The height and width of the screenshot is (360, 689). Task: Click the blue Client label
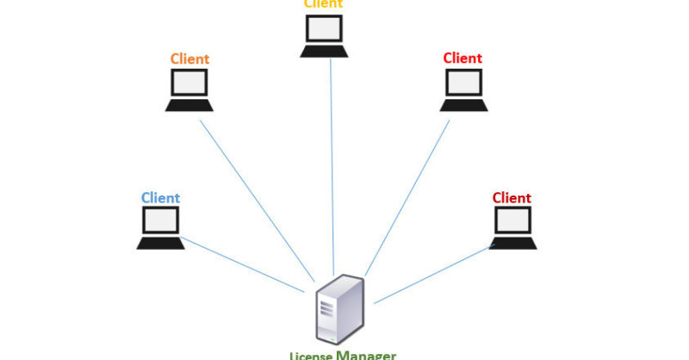pyautogui.click(x=160, y=198)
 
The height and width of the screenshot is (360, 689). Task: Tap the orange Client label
pyautogui.click(x=189, y=59)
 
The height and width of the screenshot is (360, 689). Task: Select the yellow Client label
pyautogui.click(x=323, y=3)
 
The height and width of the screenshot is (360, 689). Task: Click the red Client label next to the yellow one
pyautogui.click(x=462, y=59)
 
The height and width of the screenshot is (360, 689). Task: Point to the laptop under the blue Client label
pyautogui.click(x=160, y=228)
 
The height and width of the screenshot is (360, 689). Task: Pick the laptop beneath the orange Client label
pyautogui.click(x=189, y=90)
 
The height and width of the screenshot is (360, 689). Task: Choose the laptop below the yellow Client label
pyautogui.click(x=324, y=37)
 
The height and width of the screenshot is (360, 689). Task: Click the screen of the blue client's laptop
pyautogui.click(x=160, y=221)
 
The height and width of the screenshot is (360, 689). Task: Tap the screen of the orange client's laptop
pyautogui.click(x=189, y=84)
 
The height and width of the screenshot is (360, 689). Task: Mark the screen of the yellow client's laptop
pyautogui.click(x=324, y=30)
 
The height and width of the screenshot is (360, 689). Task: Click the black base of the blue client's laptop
pyautogui.click(x=160, y=244)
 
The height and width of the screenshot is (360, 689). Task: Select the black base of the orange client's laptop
pyautogui.click(x=189, y=106)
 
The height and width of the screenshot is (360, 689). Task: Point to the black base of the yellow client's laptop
pyautogui.click(x=324, y=52)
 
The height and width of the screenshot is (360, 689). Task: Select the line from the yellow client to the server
pyautogui.click(x=332, y=164)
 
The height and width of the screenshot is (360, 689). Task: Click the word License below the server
pyautogui.click(x=311, y=356)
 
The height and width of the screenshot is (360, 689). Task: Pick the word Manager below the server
pyautogui.click(x=366, y=354)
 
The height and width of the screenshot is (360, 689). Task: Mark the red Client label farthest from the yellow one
pyautogui.click(x=512, y=198)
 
